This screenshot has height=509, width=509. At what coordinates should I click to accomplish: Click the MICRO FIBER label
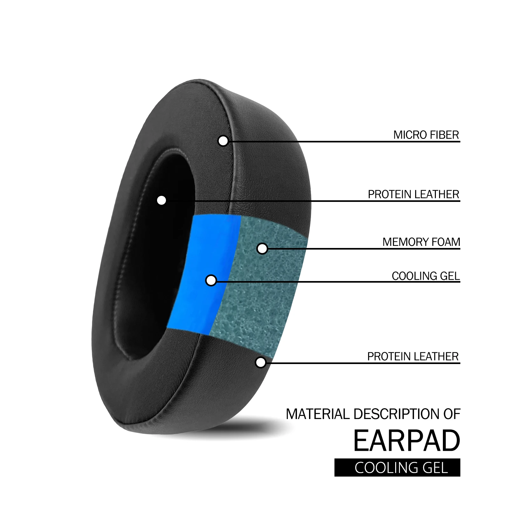(426, 135)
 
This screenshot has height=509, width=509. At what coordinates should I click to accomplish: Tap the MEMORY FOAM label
(421, 242)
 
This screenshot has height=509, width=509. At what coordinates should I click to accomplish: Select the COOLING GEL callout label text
(426, 276)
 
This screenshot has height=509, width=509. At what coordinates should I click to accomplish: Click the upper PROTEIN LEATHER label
(413, 194)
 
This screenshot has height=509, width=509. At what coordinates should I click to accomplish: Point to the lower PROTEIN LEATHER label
(413, 356)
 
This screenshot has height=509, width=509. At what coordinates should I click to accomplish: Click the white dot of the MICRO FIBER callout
(223, 141)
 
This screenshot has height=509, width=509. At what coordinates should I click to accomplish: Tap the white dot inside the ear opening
(162, 200)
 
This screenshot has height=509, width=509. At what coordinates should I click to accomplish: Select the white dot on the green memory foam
(262, 249)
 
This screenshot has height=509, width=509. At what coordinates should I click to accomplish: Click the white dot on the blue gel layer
(211, 280)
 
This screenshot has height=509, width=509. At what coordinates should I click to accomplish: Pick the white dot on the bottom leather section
(261, 362)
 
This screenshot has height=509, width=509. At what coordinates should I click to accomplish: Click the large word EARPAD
(407, 441)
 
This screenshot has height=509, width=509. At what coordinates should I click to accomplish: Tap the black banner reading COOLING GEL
(397, 467)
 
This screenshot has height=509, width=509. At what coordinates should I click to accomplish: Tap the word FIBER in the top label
(444, 135)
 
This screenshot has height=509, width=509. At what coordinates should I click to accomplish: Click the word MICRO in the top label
(409, 135)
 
